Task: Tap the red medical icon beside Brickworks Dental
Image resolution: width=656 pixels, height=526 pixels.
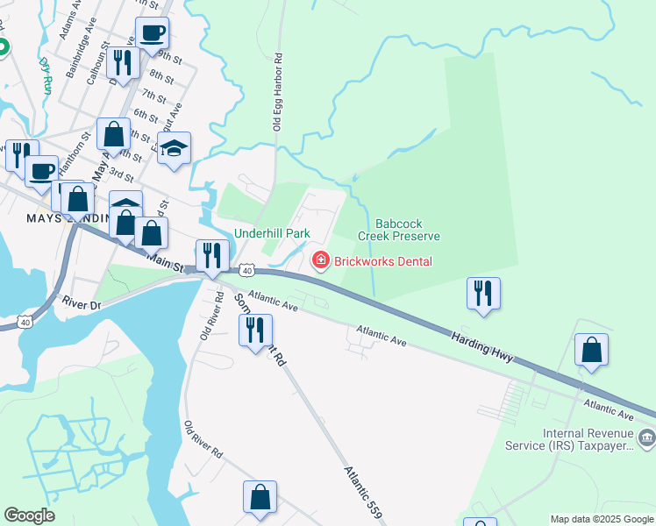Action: [x=320, y=260]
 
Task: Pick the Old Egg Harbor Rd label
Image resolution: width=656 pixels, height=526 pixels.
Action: [x=278, y=93]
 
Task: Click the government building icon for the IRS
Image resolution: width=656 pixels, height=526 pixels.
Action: [x=646, y=437]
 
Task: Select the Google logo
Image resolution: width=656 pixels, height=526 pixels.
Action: [x=29, y=515]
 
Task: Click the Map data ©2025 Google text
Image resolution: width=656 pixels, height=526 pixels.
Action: [x=601, y=519]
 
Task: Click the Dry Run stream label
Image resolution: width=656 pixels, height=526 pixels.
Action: [x=45, y=75]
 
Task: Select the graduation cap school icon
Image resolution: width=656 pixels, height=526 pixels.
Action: [x=174, y=147]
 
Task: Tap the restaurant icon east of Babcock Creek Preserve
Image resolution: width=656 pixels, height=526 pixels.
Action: [x=483, y=293]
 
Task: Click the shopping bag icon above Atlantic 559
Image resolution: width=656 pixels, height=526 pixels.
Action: [x=260, y=496]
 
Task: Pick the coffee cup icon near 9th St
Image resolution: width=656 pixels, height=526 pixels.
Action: [x=152, y=33]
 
